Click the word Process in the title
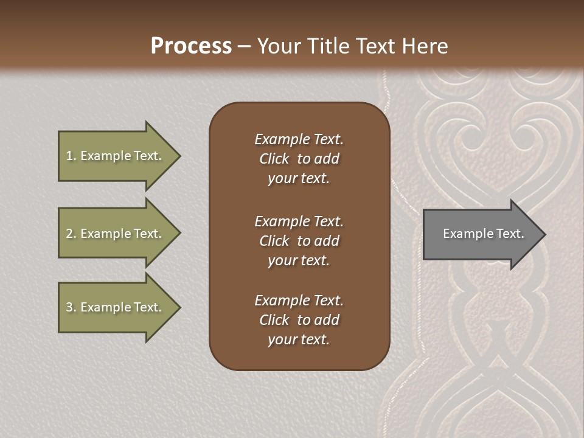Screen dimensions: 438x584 pyautogui.click(x=191, y=46)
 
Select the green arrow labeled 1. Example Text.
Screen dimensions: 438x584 pyautogui.click(x=116, y=156)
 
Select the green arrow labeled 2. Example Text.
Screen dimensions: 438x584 pyautogui.click(x=116, y=234)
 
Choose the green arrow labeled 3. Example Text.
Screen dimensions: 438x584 pyautogui.click(x=116, y=307)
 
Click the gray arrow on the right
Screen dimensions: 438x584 pyautogui.click(x=481, y=234)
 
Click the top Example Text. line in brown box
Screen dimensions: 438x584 pyautogui.click(x=299, y=139)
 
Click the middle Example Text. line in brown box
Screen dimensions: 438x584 pyautogui.click(x=299, y=221)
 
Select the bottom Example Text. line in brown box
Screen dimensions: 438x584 pyautogui.click(x=299, y=301)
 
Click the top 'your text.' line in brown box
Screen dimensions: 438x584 pyautogui.click(x=299, y=179)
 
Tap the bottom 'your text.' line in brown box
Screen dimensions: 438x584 pyautogui.click(x=299, y=340)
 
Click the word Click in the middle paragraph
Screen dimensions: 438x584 pyautogui.click(x=274, y=241)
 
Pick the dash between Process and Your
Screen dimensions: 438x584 pyautogui.click(x=244, y=46)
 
